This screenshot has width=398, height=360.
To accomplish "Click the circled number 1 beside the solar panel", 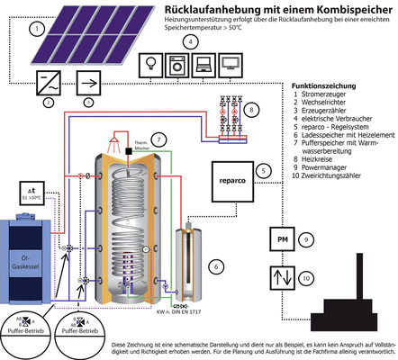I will tap(37, 29).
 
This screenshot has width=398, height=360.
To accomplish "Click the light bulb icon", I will tap(149, 66).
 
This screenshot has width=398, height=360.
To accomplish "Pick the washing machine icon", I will tap(176, 66).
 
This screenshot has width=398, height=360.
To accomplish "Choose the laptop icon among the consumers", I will tap(203, 66).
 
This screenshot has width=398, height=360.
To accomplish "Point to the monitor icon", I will tap(230, 66).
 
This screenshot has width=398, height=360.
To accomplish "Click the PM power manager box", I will tap(282, 240).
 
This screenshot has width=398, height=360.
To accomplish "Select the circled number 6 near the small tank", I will tap(215, 266).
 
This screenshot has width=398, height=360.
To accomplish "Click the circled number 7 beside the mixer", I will tap(158, 139).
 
